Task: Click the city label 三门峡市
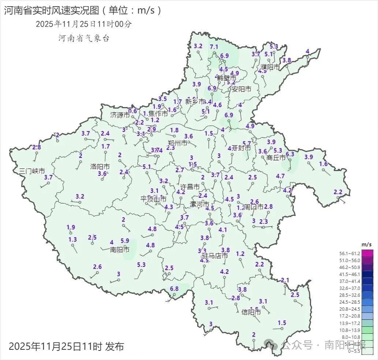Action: pyautogui.click(x=32, y=171)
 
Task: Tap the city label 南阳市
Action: pyautogui.click(x=120, y=250)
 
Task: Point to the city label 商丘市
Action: pyautogui.click(x=276, y=158)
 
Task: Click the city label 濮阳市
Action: pyautogui.click(x=270, y=67)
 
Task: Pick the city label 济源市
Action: pyautogui.click(x=120, y=115)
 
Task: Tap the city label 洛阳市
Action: pyautogui.click(x=100, y=167)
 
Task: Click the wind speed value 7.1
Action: pyautogui.click(x=214, y=47)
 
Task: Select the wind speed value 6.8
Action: pyautogui.click(x=174, y=289)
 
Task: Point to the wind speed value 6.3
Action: pyautogui.click(x=290, y=154)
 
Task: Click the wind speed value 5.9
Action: pyautogui.click(x=125, y=240)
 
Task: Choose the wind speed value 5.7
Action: pyautogui.click(x=247, y=144)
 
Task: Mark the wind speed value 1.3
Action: pyautogui.click(x=72, y=239)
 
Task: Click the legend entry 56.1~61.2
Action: pyautogui.click(x=351, y=254)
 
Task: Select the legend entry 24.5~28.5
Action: pyautogui.click(x=351, y=302)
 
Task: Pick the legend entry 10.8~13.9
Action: pyautogui.click(x=351, y=330)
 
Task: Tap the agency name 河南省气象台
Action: pyautogui.click(x=84, y=38)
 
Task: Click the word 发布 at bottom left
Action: pyautogui.click(x=114, y=346)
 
